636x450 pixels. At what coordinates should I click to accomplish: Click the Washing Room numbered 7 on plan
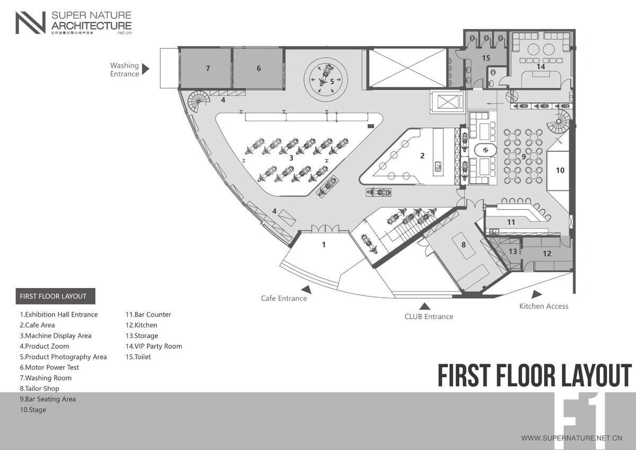pos(208,68)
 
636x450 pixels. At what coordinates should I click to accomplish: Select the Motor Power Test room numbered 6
pos(259,68)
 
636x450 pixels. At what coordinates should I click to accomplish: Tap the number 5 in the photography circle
pos(332,81)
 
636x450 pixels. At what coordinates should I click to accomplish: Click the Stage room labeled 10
pos(560,170)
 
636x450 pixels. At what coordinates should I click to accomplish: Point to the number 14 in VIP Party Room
pos(541,67)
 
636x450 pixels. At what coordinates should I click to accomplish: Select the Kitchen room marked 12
pos(547,254)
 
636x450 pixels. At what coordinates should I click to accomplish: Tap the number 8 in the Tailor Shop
pos(463,245)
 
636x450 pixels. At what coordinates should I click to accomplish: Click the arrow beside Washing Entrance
pos(146,69)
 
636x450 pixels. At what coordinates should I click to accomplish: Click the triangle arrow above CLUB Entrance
pos(424,306)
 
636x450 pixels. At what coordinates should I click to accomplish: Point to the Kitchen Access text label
pos(543,306)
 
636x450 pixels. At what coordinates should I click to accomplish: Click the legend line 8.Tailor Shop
pos(40,388)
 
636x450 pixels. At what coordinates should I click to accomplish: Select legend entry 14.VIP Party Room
pos(154,346)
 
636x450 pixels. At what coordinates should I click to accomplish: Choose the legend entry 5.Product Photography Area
pos(64,357)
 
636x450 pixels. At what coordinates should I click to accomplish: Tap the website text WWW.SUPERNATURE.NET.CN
pos(571,438)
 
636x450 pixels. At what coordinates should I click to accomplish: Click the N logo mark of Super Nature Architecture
pos(30,23)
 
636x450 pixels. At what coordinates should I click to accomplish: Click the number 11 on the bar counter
pos(511,222)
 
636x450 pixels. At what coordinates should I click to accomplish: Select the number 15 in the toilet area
pos(486,57)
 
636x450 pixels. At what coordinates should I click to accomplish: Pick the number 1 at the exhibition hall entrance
pos(324,245)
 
